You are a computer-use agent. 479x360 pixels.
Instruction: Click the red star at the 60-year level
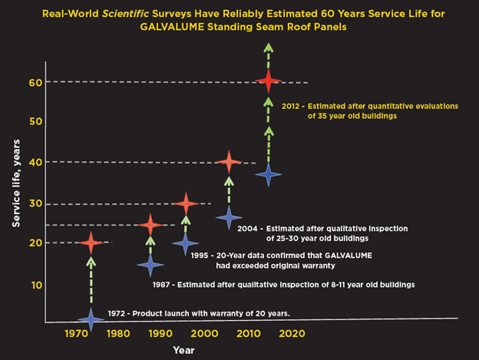[x=268, y=81]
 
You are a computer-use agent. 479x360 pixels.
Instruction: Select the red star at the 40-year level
[x=227, y=162]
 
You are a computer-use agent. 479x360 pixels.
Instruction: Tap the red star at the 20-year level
[x=91, y=243]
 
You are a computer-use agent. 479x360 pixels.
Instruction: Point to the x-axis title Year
[x=184, y=350]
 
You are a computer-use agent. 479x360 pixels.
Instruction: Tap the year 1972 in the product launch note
[x=117, y=312]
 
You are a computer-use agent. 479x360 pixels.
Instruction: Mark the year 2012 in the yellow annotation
[x=295, y=106]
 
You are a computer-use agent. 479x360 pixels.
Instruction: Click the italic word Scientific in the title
[x=191, y=12]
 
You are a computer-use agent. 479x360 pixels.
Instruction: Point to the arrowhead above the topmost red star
[x=268, y=48]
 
